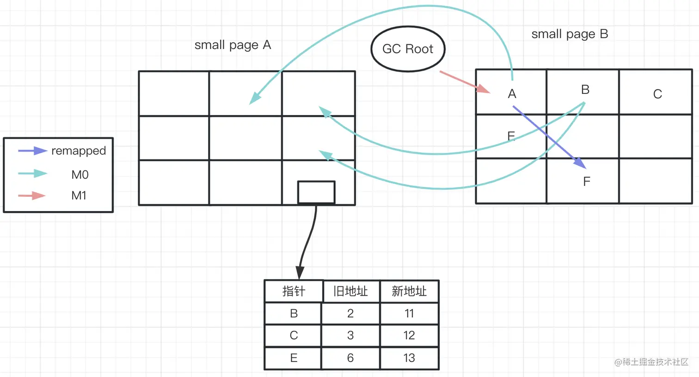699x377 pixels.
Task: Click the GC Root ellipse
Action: [408, 49]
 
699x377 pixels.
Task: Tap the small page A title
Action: [233, 45]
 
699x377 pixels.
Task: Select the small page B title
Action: [570, 34]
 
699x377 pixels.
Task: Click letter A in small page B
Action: [512, 94]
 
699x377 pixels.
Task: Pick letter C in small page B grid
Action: [657, 94]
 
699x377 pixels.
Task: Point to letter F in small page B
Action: [587, 182]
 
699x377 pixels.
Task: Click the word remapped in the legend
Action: [79, 151]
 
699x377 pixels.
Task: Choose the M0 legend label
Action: [80, 175]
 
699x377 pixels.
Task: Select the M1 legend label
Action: [79, 195]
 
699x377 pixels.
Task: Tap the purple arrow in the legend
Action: [32, 151]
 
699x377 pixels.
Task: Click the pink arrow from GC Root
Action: [464, 82]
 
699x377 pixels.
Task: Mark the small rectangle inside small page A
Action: [316, 192]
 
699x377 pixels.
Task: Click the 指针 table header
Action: [294, 291]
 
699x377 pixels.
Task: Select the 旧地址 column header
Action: [350, 291]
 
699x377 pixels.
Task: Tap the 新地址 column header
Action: [409, 291]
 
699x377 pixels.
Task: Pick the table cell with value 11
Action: [409, 313]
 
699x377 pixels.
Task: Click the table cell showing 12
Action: [409, 335]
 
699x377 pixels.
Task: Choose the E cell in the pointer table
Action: [294, 358]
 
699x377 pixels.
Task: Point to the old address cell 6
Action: [350, 358]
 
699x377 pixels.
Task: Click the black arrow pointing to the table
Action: [307, 240]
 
